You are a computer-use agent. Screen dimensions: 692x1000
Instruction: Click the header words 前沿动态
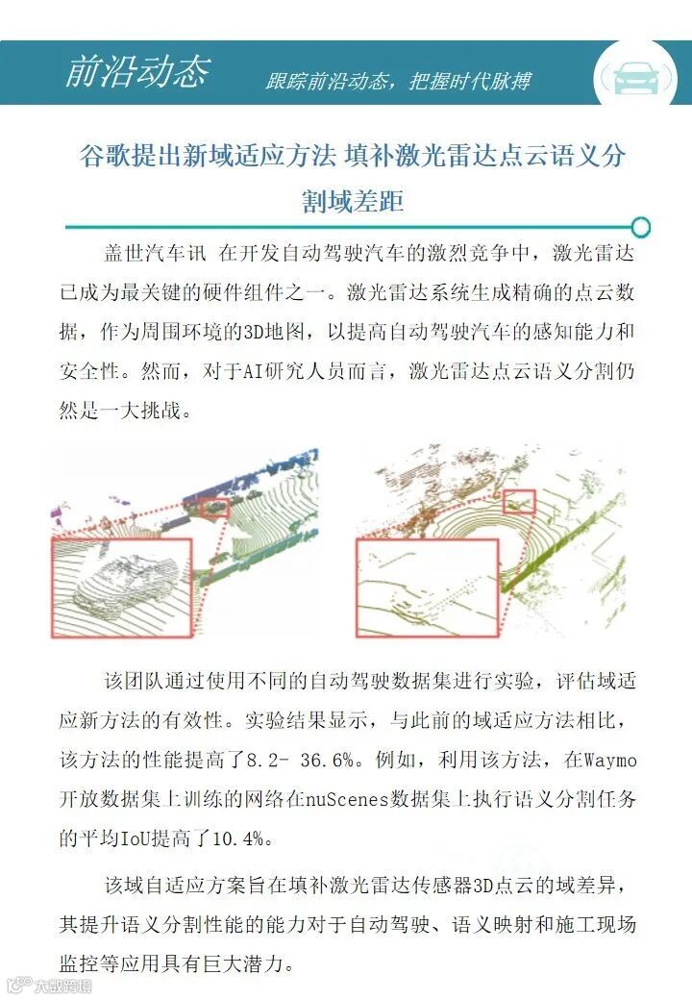point(137,70)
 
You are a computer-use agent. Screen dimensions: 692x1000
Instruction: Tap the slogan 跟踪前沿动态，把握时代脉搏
point(398,81)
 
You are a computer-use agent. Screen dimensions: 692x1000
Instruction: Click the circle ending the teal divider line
point(640,227)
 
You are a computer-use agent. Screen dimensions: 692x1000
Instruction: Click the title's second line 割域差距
point(353,201)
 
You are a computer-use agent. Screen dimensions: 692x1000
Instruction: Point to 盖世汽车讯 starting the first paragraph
point(156,253)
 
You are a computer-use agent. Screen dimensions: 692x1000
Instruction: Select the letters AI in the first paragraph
point(254,371)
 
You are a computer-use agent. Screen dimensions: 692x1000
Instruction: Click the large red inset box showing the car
point(121,587)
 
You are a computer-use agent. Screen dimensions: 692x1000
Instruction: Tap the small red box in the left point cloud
point(214,507)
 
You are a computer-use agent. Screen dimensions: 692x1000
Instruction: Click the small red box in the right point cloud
point(519,501)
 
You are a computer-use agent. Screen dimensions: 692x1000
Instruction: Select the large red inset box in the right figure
point(427,588)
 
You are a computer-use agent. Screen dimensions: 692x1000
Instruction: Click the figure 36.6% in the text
point(328,761)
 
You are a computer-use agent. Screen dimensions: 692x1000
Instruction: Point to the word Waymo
point(609,761)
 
